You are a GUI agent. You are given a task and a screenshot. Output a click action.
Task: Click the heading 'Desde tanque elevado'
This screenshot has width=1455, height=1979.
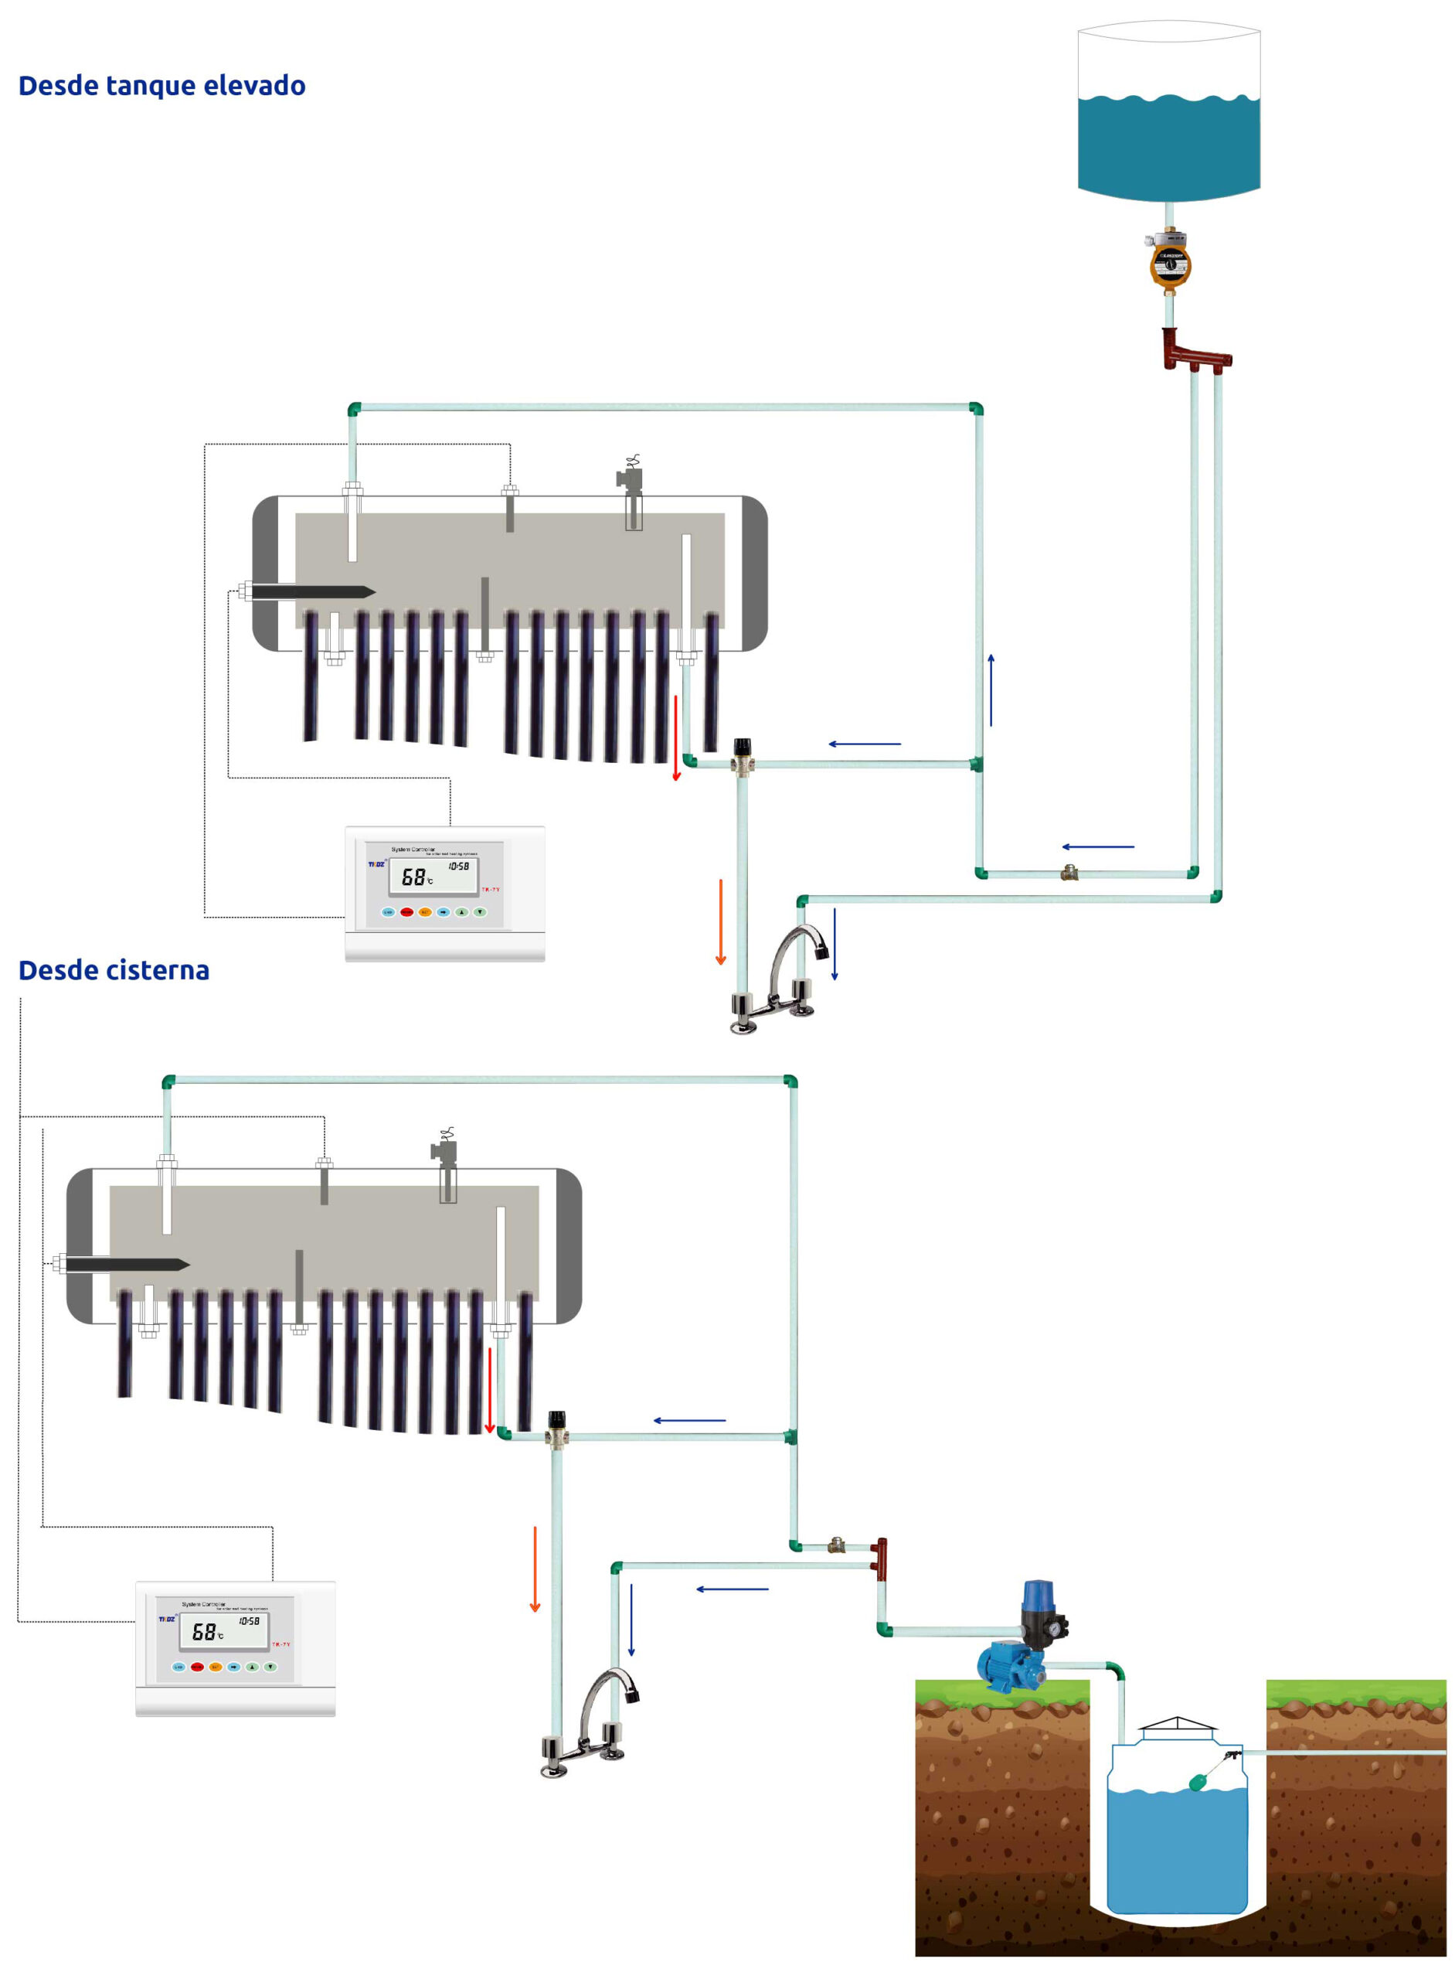[x=162, y=86]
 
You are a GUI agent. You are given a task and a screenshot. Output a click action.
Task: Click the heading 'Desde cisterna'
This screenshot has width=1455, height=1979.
[x=114, y=970]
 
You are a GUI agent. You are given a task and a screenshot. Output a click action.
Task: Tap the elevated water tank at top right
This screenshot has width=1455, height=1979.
[x=1169, y=114]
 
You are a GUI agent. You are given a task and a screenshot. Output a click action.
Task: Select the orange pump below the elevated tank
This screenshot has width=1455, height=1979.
[x=1170, y=262]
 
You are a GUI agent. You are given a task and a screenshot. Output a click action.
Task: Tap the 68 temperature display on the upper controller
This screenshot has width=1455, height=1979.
[x=414, y=877]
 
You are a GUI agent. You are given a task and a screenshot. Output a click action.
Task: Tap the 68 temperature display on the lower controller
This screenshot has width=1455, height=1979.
[x=206, y=1632]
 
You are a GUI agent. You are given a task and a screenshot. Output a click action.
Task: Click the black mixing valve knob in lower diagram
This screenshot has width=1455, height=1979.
[x=556, y=1419]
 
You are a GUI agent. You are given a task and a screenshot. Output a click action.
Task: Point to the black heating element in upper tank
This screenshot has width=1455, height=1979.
[x=314, y=591]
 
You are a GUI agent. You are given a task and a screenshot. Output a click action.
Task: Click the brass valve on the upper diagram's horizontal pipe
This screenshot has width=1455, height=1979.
[x=1069, y=874]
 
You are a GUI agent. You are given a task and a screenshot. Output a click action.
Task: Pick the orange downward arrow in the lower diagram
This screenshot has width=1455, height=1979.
[x=535, y=1569]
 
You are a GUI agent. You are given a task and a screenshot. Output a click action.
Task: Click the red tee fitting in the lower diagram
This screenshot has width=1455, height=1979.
[x=881, y=1556]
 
